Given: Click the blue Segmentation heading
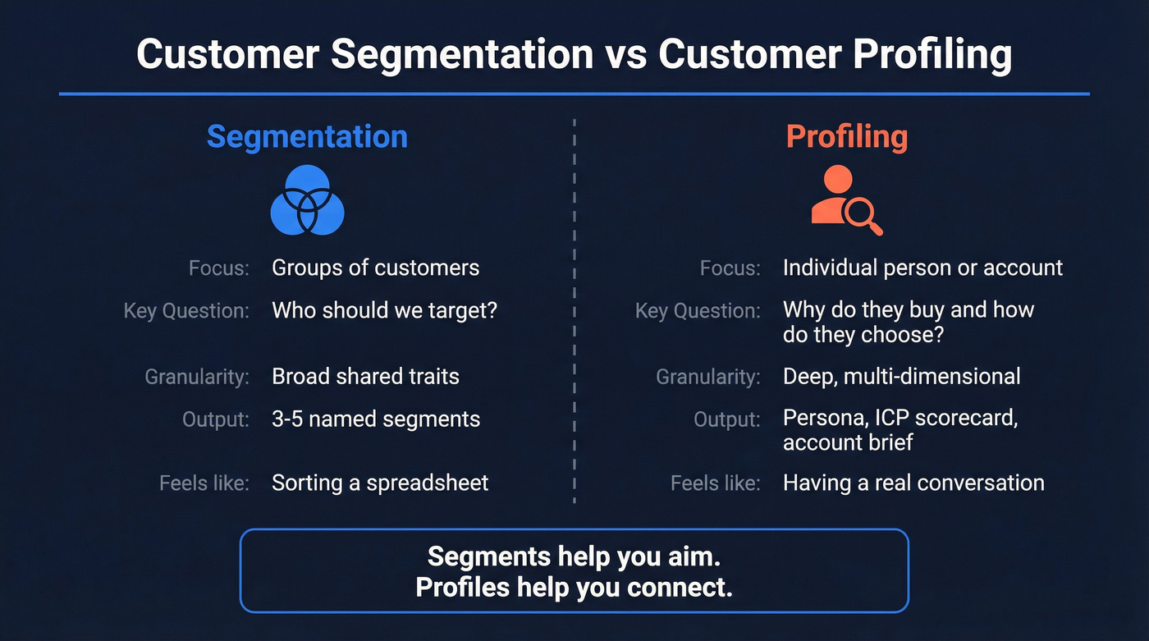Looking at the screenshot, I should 307,136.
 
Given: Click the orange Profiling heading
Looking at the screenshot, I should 846,136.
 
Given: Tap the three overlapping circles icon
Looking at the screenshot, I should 307,199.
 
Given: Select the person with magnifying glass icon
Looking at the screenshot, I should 846,199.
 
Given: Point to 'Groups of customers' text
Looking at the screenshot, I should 375,268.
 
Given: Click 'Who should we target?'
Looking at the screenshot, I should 384,310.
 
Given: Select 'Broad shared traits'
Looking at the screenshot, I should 365,376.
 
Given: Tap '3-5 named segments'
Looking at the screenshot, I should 376,419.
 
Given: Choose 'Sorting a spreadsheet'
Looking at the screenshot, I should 380,483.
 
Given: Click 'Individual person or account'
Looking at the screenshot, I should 922,268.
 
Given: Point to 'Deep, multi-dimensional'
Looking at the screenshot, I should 901,376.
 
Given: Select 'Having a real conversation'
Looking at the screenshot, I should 913,483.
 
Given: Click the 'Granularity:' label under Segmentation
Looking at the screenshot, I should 197,377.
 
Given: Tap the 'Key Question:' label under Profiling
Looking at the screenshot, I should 698,311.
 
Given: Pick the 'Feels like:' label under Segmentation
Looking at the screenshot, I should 204,483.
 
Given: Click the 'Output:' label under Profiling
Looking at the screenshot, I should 726,419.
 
